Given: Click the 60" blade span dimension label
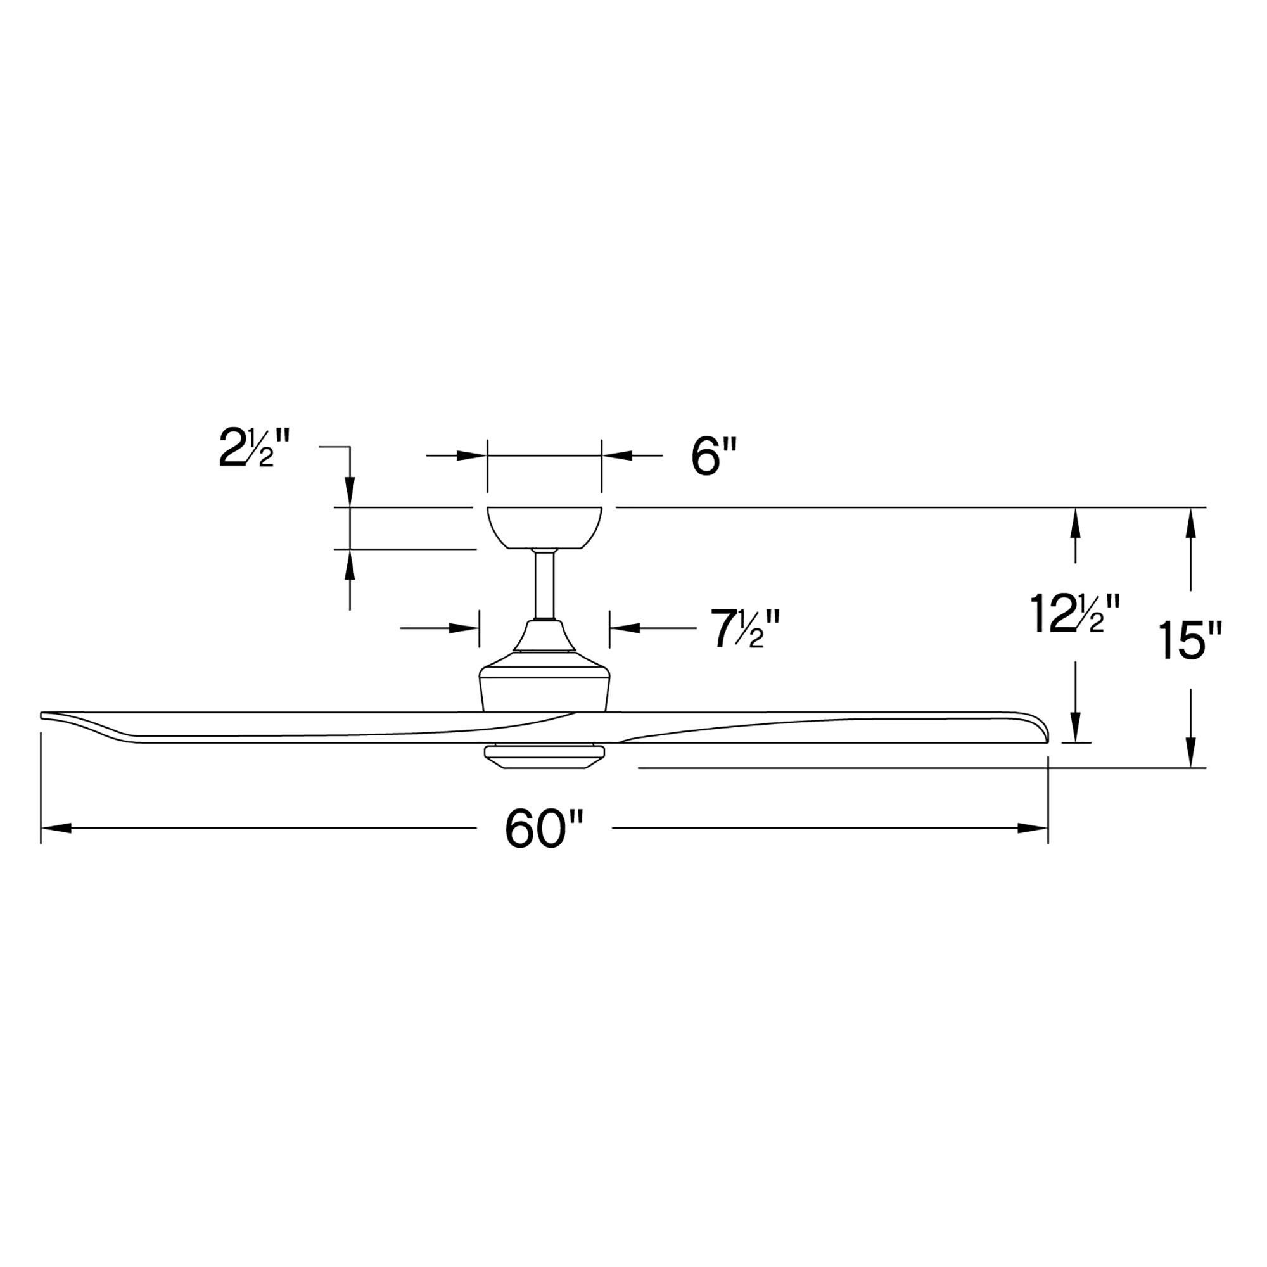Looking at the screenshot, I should click(544, 830).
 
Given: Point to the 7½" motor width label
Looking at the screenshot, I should click(747, 629).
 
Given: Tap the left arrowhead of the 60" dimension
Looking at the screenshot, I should click(55, 829).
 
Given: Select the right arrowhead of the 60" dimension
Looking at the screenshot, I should click(1032, 829).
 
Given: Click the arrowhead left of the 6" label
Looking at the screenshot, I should click(471, 455).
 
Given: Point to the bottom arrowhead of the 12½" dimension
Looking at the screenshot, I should click(1076, 728).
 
